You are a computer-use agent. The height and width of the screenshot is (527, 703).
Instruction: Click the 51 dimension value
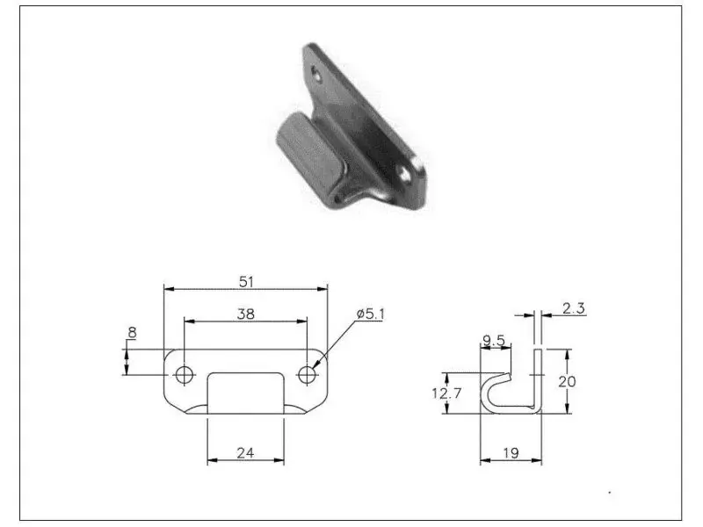coord(246,282)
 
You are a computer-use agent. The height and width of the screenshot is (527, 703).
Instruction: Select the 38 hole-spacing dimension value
coord(246,314)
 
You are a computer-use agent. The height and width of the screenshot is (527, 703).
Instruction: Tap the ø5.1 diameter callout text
coord(370,314)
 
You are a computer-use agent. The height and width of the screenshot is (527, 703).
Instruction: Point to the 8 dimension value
coord(132,333)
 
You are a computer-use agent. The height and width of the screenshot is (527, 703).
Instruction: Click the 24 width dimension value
coord(245,453)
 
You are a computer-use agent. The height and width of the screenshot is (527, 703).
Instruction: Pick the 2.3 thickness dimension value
coord(574,308)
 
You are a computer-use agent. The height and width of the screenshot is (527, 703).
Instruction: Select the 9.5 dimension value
coord(494,341)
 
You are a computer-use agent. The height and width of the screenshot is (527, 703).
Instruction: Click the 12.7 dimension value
coord(446,393)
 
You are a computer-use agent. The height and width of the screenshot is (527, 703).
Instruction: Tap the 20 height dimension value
coord(567,382)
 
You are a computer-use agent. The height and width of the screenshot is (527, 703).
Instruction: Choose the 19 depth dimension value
coord(511,453)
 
